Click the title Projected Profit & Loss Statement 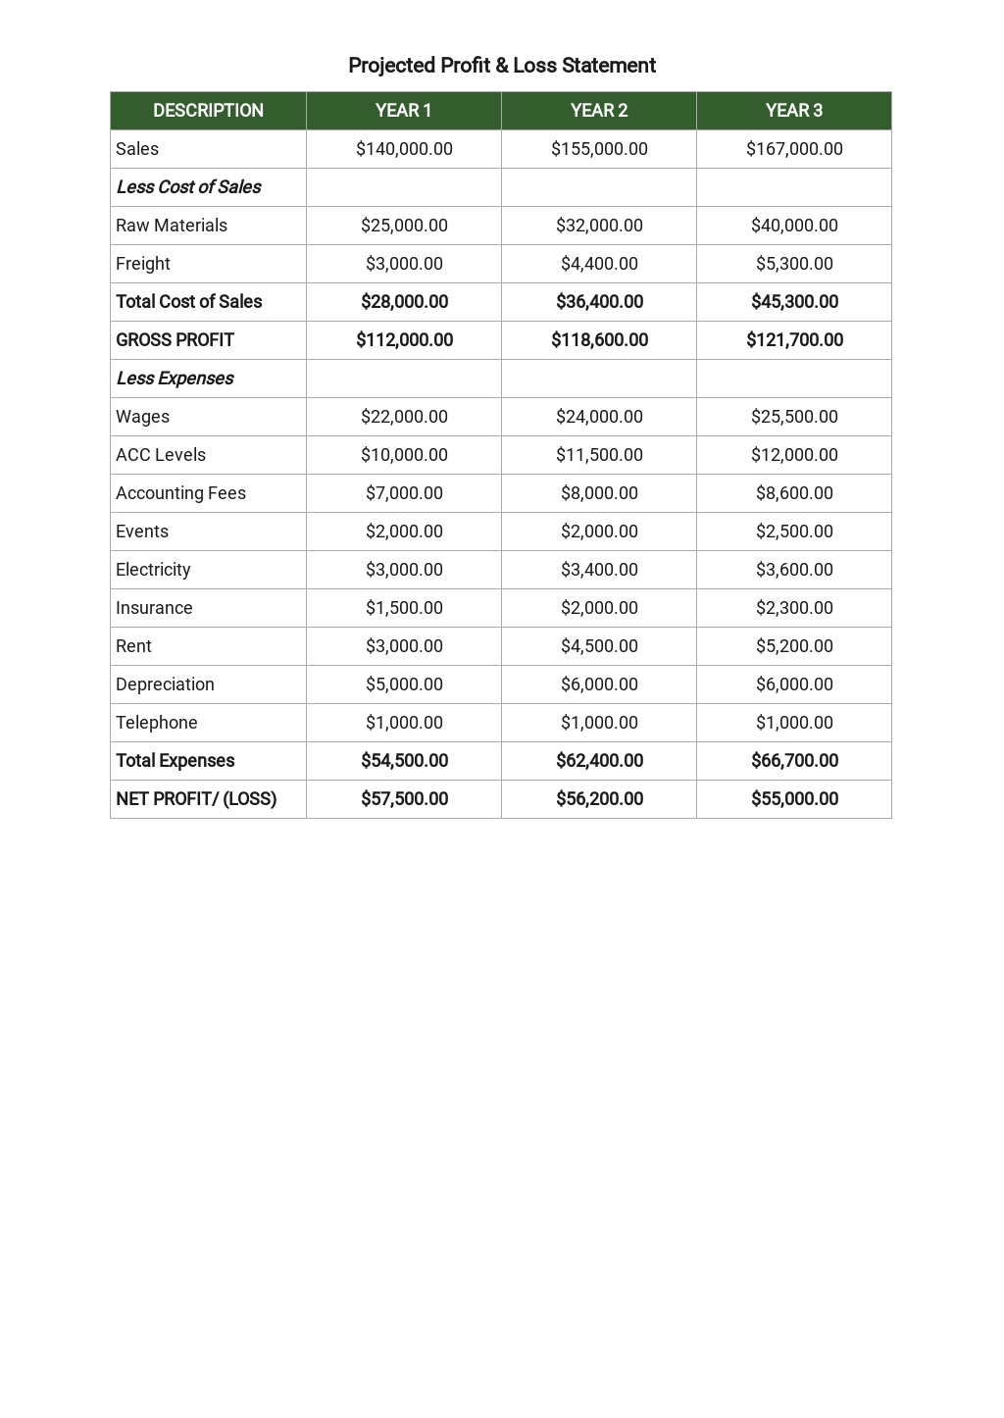pyautogui.click(x=501, y=66)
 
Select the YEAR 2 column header pyautogui.click(x=599, y=111)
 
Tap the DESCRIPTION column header pyautogui.click(x=208, y=111)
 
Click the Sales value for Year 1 pyautogui.click(x=404, y=149)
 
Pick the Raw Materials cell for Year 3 pyautogui.click(x=794, y=226)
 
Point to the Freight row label pyautogui.click(x=143, y=264)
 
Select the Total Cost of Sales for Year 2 pyautogui.click(x=599, y=302)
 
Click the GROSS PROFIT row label pyautogui.click(x=175, y=340)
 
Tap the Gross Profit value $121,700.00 pyautogui.click(x=794, y=340)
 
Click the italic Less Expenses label pyautogui.click(x=175, y=379)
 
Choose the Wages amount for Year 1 pyautogui.click(x=404, y=417)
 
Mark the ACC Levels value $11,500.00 pyautogui.click(x=599, y=455)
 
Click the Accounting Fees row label pyautogui.click(x=180, y=493)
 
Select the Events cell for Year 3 pyautogui.click(x=794, y=532)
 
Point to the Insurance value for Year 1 pyautogui.click(x=404, y=608)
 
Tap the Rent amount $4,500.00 pyautogui.click(x=599, y=646)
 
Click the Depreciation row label pyautogui.click(x=165, y=684)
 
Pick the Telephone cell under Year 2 pyautogui.click(x=599, y=723)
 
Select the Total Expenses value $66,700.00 pyautogui.click(x=794, y=761)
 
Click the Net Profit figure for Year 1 pyautogui.click(x=404, y=799)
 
